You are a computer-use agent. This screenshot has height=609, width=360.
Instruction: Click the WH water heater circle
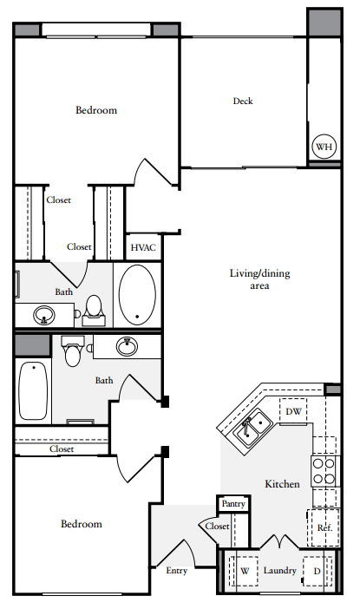coord(324,147)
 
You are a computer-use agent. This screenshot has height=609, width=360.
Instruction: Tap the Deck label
coord(243,101)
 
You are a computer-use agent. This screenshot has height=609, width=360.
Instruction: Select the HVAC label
coord(143,247)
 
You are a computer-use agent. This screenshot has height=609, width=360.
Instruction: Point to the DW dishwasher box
coord(293,411)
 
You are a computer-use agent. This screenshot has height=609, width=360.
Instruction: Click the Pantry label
coord(233,503)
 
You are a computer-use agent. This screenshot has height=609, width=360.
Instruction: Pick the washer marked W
coord(244,571)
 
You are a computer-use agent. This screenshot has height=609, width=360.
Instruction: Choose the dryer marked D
coord(317,571)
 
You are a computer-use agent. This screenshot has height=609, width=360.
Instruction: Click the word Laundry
coord(280,571)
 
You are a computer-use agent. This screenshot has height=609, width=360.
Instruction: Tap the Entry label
coord(176,570)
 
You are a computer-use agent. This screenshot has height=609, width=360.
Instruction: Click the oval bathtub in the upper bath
coord(136,295)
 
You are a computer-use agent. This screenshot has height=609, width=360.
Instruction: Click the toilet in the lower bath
coord(73,352)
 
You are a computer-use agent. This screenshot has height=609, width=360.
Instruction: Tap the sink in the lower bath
coord(128,346)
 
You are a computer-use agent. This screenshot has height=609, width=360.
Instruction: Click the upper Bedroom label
coord(95,110)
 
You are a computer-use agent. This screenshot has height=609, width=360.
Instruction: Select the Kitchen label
coord(282,483)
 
